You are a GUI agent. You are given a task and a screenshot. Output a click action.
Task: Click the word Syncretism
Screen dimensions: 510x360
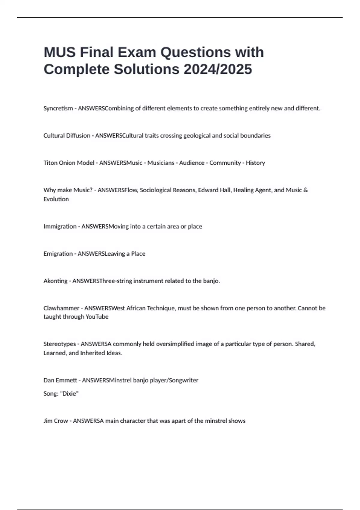[58, 108]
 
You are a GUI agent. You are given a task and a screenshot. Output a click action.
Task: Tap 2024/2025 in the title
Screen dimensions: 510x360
[218, 69]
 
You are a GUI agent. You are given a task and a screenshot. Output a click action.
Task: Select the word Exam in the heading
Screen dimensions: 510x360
[137, 52]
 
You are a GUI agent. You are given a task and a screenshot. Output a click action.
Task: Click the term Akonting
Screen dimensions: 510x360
[55, 281]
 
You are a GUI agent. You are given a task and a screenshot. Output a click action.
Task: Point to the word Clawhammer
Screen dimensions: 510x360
[61, 308]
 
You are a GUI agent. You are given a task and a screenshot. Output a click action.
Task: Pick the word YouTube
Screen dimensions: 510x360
[97, 317]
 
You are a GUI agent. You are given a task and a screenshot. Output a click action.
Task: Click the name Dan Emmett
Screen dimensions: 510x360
[60, 380]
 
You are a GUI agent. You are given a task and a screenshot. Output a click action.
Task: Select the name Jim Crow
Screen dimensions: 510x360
[55, 421]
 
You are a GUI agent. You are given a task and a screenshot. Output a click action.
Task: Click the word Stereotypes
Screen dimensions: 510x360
[59, 344]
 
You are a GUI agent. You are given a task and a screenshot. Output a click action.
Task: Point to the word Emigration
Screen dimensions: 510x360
[58, 254]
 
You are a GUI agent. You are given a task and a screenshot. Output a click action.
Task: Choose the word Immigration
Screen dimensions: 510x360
[60, 226]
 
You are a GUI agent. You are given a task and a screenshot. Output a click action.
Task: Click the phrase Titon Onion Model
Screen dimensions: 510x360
[69, 163]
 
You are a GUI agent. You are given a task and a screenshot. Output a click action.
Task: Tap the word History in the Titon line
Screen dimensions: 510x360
[255, 163]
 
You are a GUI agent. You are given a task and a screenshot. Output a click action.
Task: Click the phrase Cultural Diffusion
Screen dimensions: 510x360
[67, 136]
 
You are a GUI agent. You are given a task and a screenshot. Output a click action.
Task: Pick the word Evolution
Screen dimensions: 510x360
[56, 199]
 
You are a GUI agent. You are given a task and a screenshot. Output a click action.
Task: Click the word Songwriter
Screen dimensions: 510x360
[184, 380]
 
